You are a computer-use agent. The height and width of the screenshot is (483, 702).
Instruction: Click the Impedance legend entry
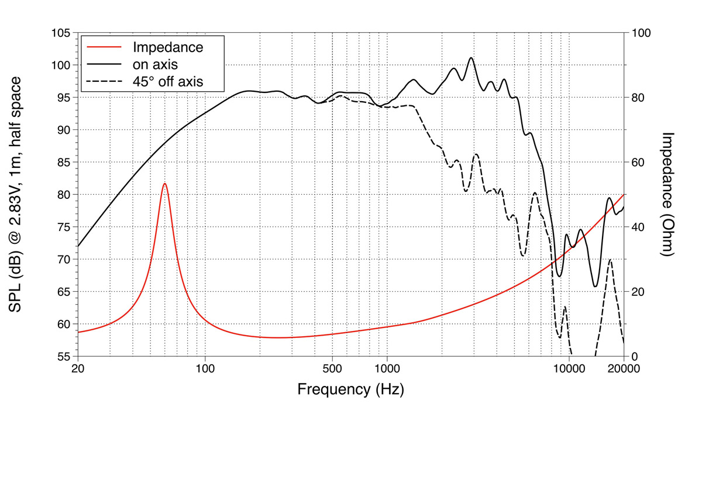click(168, 47)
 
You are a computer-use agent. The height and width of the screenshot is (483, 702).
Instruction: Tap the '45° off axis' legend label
click(168, 81)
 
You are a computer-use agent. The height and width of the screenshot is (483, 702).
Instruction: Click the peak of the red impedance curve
click(165, 184)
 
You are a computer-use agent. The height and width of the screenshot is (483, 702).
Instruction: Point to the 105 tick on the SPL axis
click(60, 33)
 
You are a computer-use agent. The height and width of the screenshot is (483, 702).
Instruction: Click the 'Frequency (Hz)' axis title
click(350, 389)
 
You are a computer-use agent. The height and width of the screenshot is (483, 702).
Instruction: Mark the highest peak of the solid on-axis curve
click(471, 58)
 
